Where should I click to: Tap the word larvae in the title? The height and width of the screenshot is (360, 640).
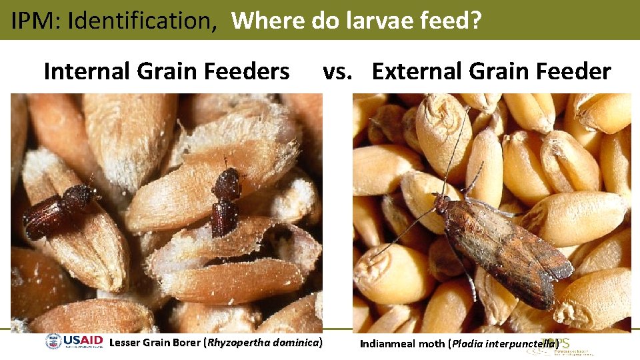tap(378, 21)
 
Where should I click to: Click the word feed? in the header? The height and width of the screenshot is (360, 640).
tap(449, 21)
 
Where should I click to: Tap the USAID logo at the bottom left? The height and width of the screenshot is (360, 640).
tap(75, 343)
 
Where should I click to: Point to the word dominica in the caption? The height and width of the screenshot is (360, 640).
tap(295, 343)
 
